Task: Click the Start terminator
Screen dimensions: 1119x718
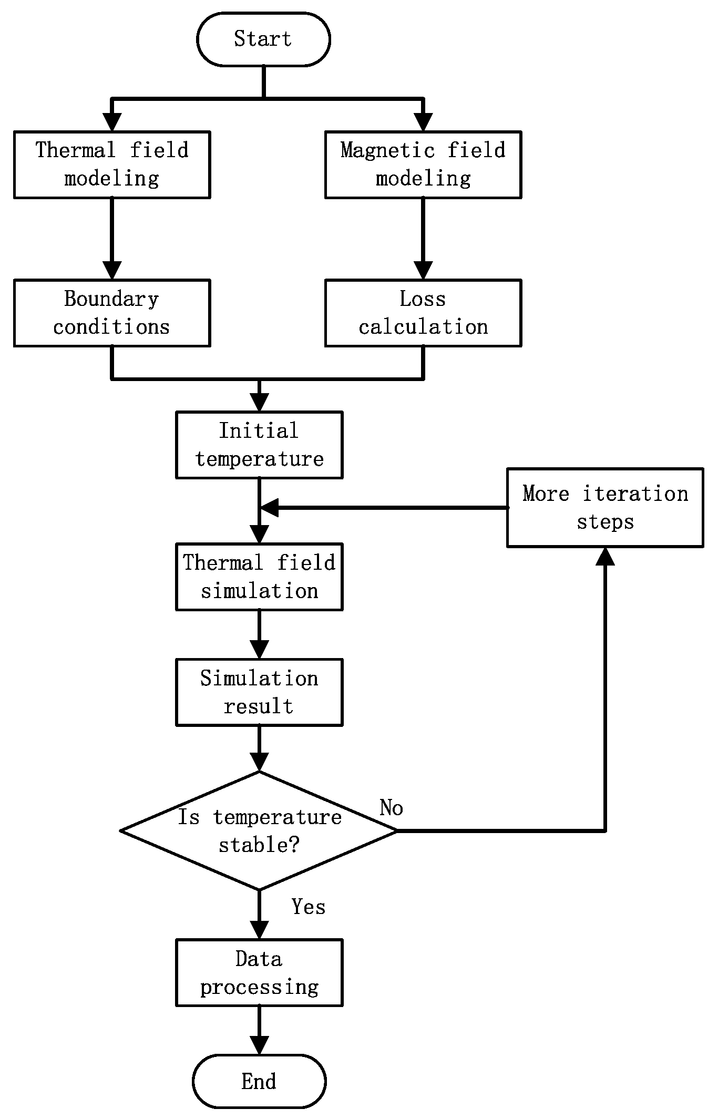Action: [x=263, y=39]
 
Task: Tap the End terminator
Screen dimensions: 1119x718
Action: [x=259, y=1082]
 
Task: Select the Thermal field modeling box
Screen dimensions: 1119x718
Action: [x=112, y=165]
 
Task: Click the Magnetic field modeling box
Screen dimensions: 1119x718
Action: [x=423, y=165]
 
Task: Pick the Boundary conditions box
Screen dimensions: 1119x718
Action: [x=112, y=313]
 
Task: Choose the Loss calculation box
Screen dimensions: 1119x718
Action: [x=423, y=313]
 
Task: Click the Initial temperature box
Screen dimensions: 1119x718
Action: [x=259, y=445]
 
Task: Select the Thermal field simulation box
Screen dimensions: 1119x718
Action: [x=259, y=577]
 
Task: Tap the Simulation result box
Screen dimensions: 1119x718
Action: [x=259, y=692]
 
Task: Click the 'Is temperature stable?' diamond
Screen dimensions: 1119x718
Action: [x=259, y=831]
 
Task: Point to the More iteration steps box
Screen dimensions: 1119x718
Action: [x=605, y=508]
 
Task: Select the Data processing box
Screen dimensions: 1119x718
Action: [x=259, y=973]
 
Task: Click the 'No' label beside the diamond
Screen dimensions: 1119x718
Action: [x=391, y=808]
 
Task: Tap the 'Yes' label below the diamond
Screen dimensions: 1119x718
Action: [x=309, y=907]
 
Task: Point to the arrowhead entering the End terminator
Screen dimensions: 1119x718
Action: [x=259, y=1046]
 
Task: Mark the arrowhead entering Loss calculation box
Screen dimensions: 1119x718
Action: [x=423, y=271]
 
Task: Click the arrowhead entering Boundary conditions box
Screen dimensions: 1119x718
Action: [x=112, y=271]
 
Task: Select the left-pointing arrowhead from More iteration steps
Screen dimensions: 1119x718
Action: [x=270, y=508]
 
